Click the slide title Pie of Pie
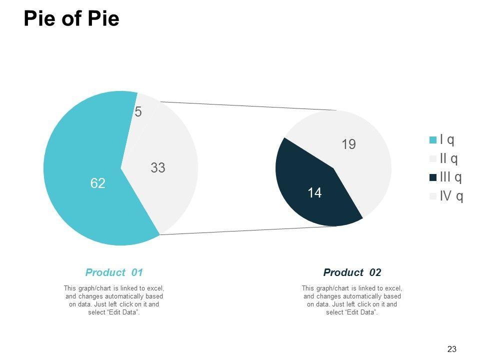(71, 19)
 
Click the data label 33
(158, 168)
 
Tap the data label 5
(138, 112)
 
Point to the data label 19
(348, 145)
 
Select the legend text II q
(448, 159)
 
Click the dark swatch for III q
(433, 177)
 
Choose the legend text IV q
(451, 196)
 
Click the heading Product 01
(114, 272)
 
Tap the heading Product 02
(352, 272)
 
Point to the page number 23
(451, 349)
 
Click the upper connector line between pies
(250, 106)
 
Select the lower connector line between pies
(250, 230)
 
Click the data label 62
(98, 184)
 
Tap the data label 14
(314, 193)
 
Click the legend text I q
(447, 140)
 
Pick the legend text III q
(450, 177)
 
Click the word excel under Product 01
(155, 288)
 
